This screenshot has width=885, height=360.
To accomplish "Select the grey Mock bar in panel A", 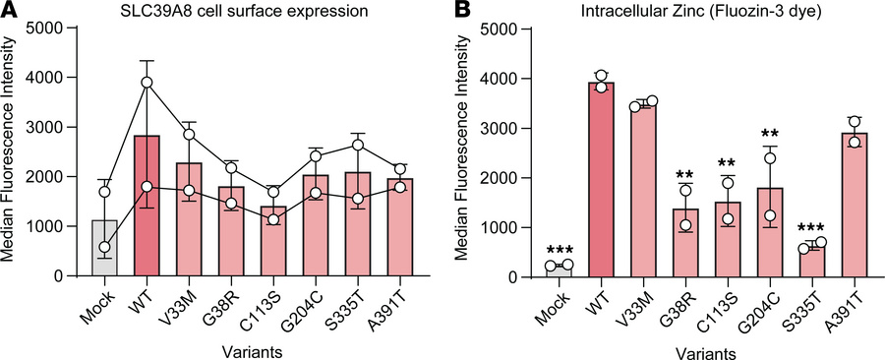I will (x=104, y=250).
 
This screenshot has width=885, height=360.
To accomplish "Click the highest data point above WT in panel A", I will (x=147, y=82).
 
